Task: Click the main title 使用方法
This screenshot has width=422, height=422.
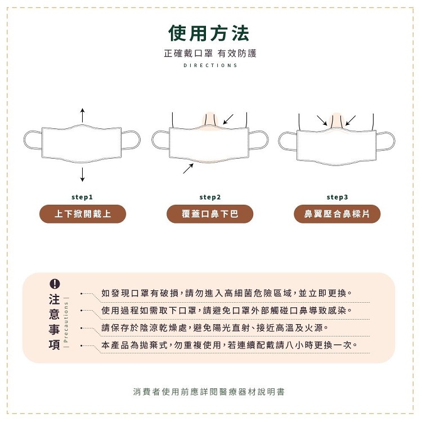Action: [209, 33]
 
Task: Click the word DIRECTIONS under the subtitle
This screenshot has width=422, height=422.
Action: [210, 65]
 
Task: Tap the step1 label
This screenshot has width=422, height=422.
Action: [82, 197]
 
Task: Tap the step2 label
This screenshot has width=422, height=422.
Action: [210, 197]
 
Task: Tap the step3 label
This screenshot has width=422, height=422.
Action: [337, 197]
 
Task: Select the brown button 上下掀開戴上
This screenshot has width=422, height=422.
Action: [83, 214]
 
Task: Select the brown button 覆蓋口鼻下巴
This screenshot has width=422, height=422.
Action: [210, 214]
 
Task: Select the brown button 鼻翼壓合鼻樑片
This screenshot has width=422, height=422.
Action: [337, 214]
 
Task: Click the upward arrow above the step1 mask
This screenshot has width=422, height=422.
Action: [82, 115]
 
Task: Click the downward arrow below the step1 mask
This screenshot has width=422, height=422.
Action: [82, 174]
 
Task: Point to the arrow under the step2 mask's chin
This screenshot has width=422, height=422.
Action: [188, 168]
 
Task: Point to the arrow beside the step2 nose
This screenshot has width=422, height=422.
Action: [228, 119]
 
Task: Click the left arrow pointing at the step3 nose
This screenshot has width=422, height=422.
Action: [322, 120]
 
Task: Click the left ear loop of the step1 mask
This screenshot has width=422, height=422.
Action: [25, 140]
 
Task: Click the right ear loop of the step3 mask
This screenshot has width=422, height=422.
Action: [394, 141]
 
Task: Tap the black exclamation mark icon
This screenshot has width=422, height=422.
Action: [55, 284]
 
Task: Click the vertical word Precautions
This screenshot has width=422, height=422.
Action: [66, 322]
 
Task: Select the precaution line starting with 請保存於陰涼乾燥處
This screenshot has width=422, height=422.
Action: [215, 328]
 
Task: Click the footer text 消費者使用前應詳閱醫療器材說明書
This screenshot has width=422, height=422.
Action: [209, 392]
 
